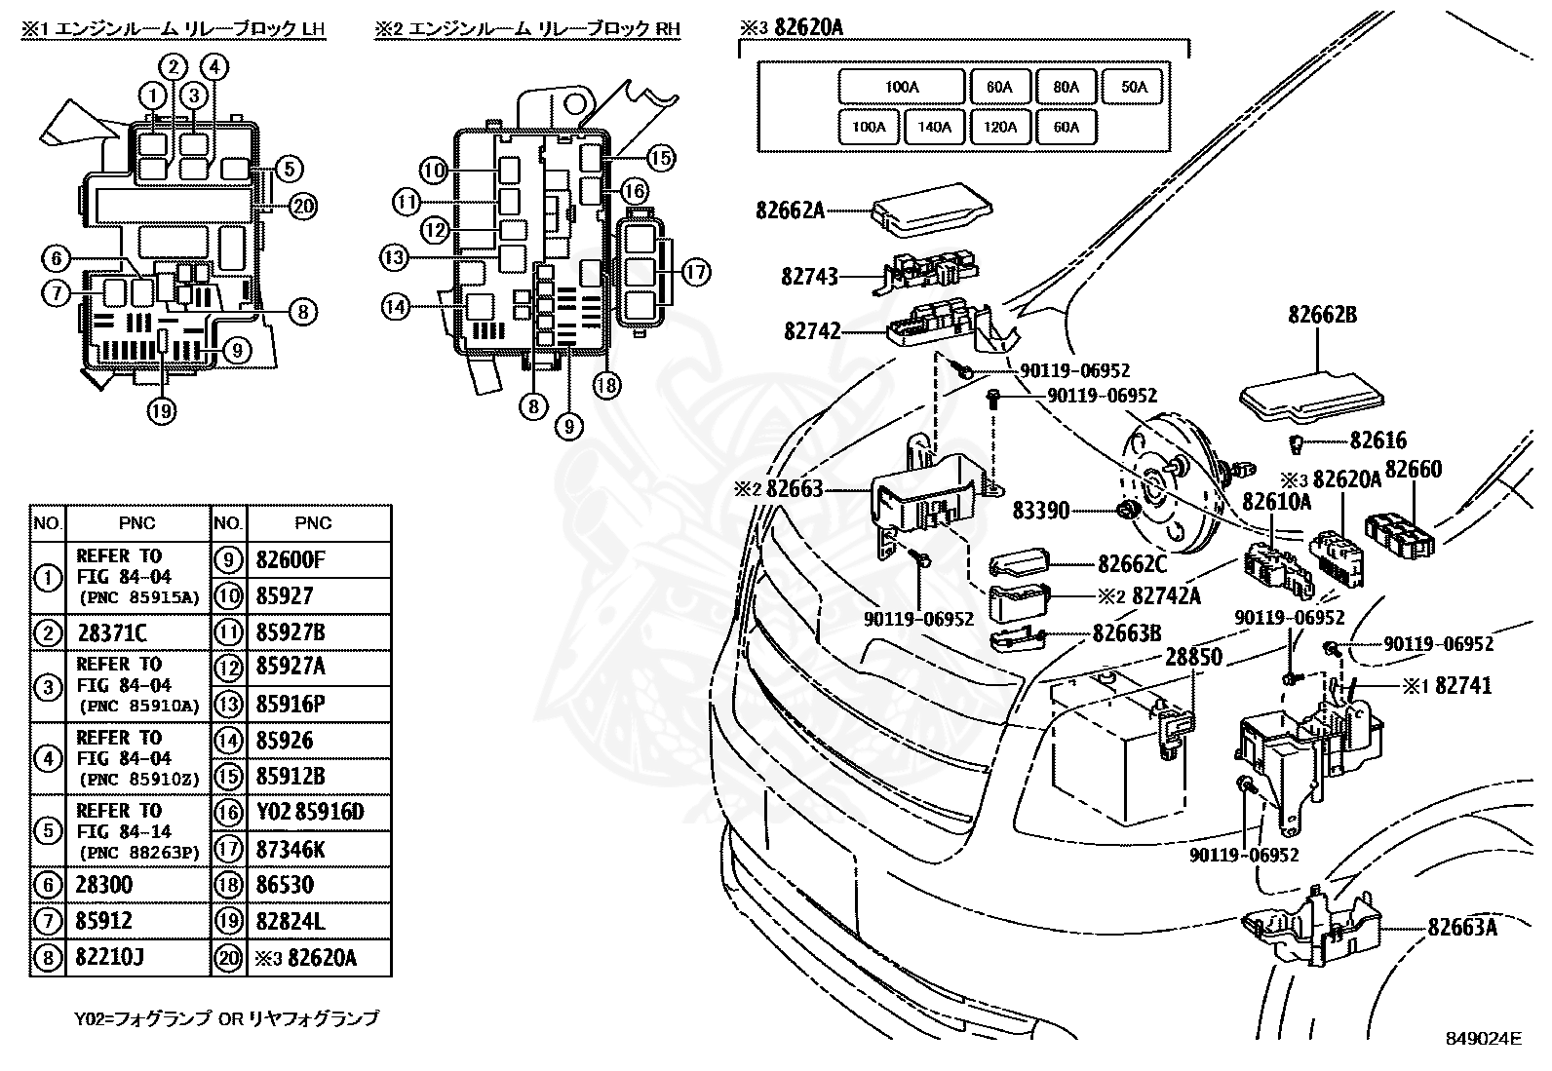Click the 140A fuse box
point(934,127)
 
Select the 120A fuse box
point(1000,127)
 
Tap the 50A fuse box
point(1134,87)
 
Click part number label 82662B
point(1322,316)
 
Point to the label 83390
point(1040,510)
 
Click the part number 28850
point(1193,657)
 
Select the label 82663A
point(1462,927)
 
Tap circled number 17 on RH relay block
point(695,272)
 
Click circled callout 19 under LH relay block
point(162,411)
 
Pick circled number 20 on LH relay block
point(304,206)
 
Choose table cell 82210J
point(109,957)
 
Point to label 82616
point(1377,441)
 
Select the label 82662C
point(1132,564)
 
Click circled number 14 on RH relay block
point(395,308)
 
